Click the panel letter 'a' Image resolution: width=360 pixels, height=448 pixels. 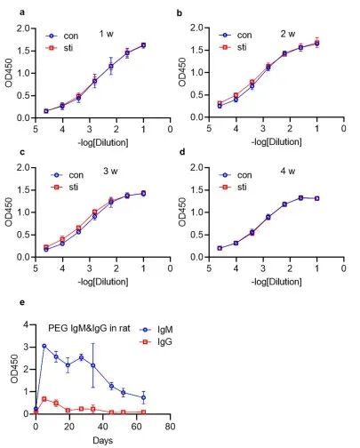pos(21,12)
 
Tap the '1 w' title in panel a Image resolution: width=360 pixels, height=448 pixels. pos(107,34)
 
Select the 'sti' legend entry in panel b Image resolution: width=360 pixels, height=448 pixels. pos(233,47)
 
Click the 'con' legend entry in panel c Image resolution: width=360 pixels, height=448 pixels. pos(68,175)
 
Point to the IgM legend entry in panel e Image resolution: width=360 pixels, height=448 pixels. pos(156,330)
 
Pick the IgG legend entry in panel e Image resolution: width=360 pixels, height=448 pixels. pos(156,342)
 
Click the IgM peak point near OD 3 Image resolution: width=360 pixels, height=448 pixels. pos(44,346)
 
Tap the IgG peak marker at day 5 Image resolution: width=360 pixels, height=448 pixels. pos(44,399)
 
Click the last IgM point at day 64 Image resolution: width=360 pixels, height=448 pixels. pos(143,397)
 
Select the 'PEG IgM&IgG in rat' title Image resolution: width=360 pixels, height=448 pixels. pos(89,328)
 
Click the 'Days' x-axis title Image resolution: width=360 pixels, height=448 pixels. pos(102,440)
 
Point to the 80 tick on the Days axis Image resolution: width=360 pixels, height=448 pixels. pos(170,427)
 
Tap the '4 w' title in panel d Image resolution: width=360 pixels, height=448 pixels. pos(288,171)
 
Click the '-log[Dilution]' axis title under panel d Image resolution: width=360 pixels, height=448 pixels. pos(276,282)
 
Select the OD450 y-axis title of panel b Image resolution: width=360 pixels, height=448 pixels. pos(182,72)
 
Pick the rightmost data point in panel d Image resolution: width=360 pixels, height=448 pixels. pos(317,198)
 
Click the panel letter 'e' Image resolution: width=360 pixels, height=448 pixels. pos(21,303)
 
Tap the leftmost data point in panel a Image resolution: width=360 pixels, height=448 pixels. pos(46,111)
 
